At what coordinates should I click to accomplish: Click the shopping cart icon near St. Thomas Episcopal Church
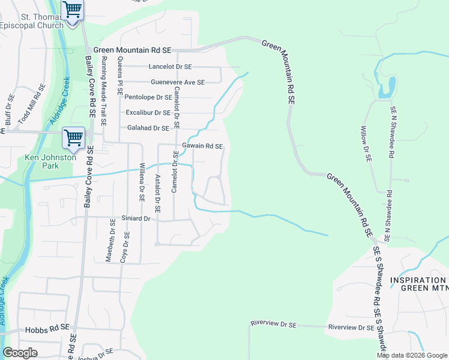tap(73, 11)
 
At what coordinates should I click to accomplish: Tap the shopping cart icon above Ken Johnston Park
tap(73, 138)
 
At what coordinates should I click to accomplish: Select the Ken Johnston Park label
tap(41, 161)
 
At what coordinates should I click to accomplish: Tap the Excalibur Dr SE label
tap(148, 112)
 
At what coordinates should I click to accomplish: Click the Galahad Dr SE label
tap(148, 128)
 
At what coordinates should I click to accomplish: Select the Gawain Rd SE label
tap(202, 146)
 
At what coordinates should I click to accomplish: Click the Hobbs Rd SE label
tap(47, 329)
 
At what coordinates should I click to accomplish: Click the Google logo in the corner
tap(20, 353)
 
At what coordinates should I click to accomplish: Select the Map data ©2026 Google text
tap(412, 355)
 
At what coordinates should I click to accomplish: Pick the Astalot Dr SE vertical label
tap(157, 193)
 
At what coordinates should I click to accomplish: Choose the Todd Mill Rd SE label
tap(31, 104)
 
